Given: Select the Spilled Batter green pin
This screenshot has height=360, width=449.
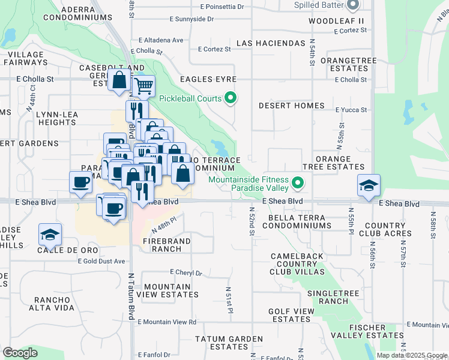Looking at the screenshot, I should pos(352,5).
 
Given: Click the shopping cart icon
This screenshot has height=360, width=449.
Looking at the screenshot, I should pos(143,86).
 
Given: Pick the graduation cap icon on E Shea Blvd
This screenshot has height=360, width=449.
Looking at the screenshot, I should pos(369,185).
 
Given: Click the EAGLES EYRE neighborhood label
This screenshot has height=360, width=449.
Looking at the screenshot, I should pos(208,79).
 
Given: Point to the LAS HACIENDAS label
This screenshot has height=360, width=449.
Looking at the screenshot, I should pos(271,44).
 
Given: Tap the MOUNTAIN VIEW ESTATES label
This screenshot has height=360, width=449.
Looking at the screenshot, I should pos(167,291).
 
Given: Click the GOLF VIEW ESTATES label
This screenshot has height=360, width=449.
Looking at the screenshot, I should pos(291,315).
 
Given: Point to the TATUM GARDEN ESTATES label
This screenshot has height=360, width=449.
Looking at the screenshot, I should pos(221,343).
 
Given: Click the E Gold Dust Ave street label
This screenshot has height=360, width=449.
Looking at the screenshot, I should pos(101,261).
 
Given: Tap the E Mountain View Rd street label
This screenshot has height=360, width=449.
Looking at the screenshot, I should pos(167,322).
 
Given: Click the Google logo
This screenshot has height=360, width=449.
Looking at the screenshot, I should pos(20,353).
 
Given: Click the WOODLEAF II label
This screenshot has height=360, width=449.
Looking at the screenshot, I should pos(337,21).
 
